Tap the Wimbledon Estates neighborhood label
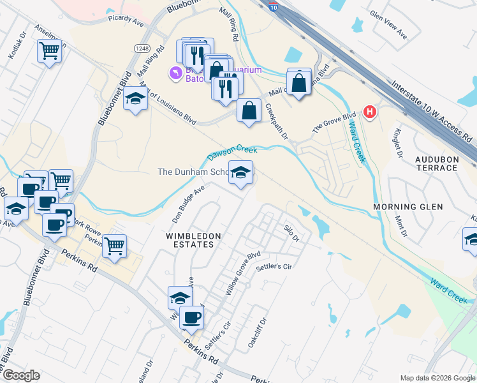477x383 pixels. click(193, 240)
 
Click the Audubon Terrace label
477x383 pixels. click(436, 163)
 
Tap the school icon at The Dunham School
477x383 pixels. click(240, 173)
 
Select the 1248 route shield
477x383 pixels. click(142, 49)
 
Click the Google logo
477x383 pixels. click(20, 375)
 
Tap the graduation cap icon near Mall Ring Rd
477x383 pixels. click(135, 99)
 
